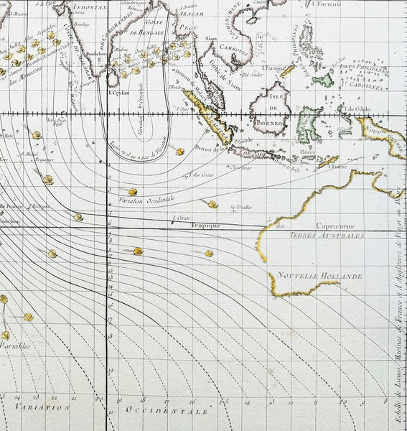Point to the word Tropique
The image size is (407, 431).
click(x=205, y=226)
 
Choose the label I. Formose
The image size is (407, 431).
click(x=329, y=3)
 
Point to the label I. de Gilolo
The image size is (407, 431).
click(x=357, y=109)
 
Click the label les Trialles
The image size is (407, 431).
click(x=240, y=208)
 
